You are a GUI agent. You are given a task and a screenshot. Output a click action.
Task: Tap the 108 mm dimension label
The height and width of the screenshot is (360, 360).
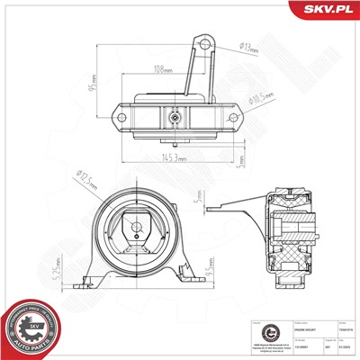tap(163, 67)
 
